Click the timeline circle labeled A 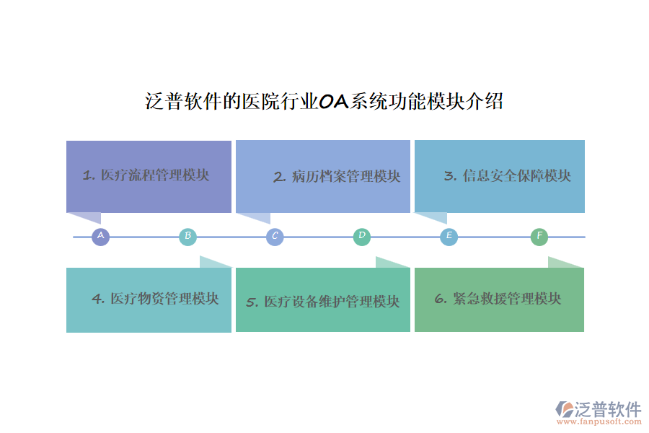[100, 236]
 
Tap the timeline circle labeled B [187, 236]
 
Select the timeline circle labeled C [275, 236]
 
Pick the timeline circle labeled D [362, 236]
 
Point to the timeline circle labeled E [449, 236]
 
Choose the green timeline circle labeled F [539, 236]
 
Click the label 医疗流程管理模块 [155, 175]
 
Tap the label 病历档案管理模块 [346, 177]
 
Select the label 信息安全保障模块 [516, 176]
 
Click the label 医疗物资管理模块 [164, 298]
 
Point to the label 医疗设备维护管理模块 [331, 302]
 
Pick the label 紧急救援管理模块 [507, 298]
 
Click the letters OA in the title [334, 102]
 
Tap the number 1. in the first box [89, 175]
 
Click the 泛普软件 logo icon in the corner [565, 409]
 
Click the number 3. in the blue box [450, 176]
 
